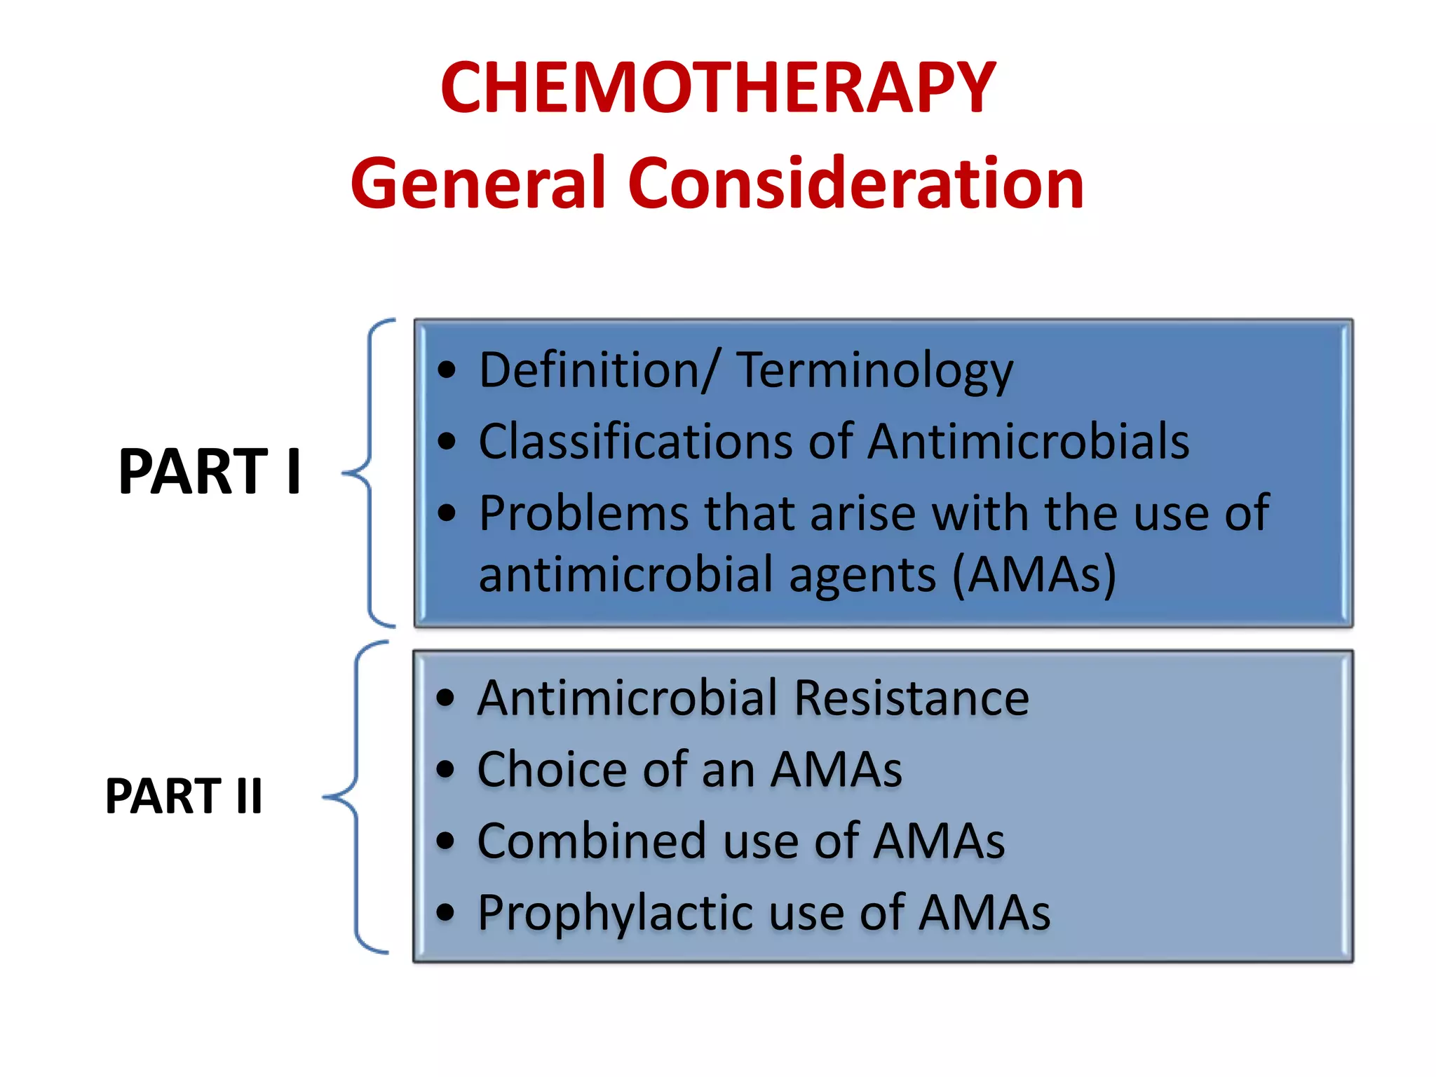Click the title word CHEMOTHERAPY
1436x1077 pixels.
click(x=717, y=88)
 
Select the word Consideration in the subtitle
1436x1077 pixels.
click(x=855, y=184)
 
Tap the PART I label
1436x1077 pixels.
click(x=210, y=471)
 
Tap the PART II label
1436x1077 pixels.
click(x=184, y=796)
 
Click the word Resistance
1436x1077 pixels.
click(x=912, y=698)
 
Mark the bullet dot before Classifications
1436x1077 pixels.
click(x=447, y=442)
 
